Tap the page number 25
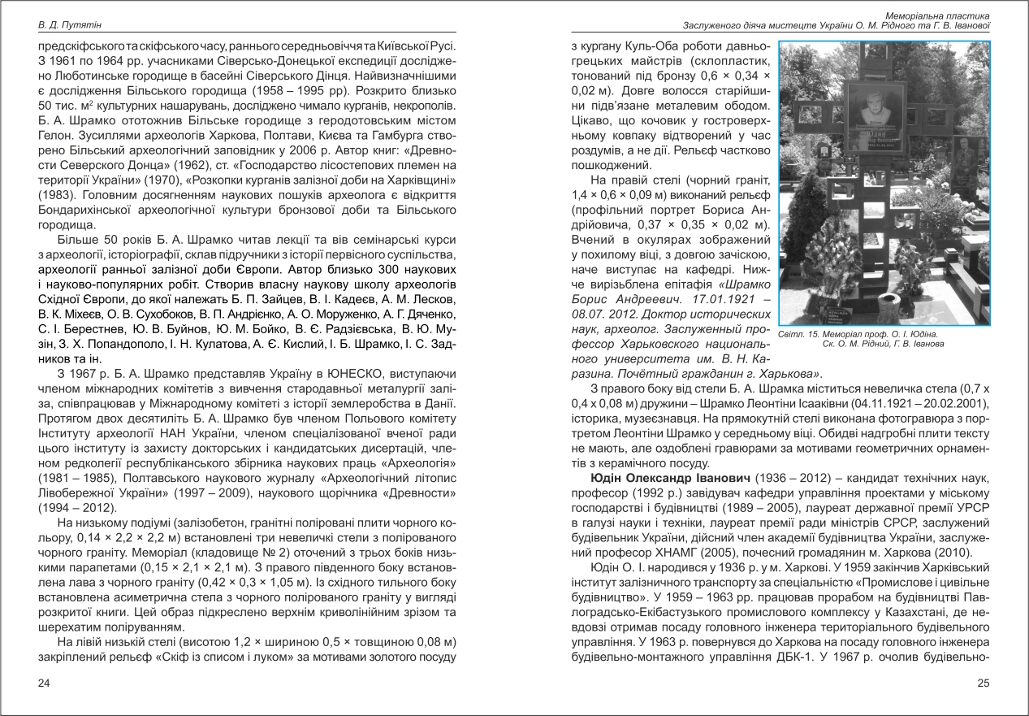click(983, 683)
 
